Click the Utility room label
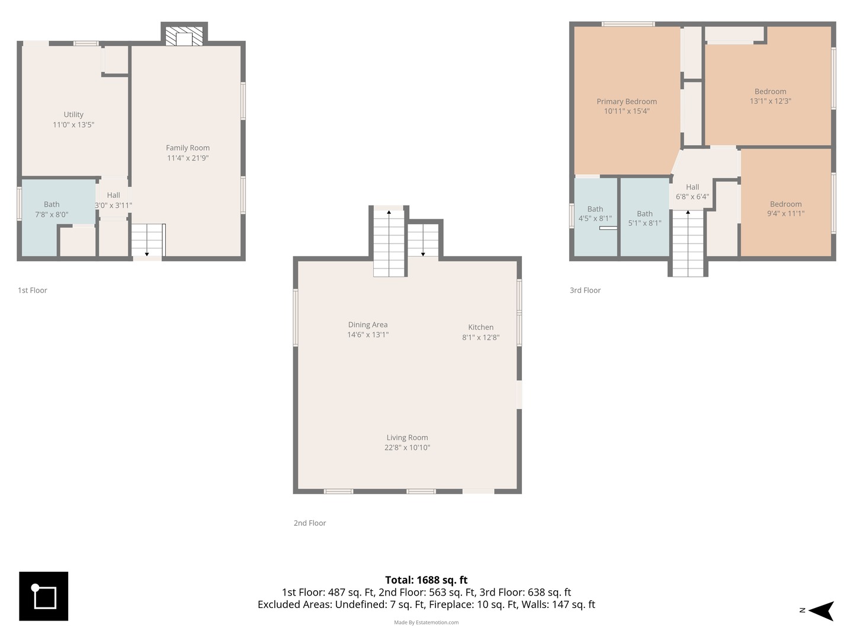click(x=73, y=114)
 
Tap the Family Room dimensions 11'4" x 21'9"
click(x=188, y=158)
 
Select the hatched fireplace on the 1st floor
click(x=184, y=36)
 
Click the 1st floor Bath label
click(x=52, y=204)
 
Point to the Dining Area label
click(x=368, y=325)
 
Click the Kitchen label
click(x=481, y=327)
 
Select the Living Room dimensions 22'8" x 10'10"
click(x=408, y=447)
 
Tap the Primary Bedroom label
click(x=627, y=101)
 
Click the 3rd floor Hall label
click(x=692, y=187)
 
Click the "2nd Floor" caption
click(x=310, y=523)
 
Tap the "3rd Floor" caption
click(x=585, y=290)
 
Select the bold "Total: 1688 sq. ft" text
click(x=426, y=580)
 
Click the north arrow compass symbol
click(x=821, y=611)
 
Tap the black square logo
click(x=43, y=596)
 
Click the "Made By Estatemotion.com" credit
click(x=426, y=622)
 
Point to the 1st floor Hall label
click(x=114, y=195)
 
